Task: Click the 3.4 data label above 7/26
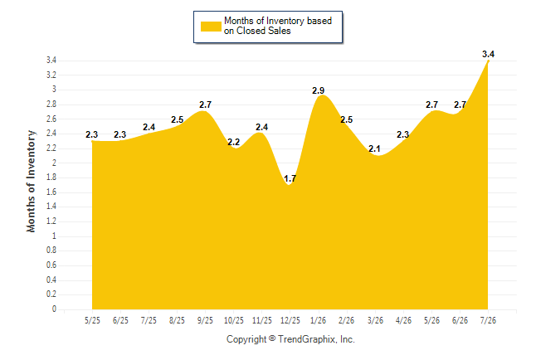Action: click(488, 54)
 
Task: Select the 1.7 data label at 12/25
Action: click(290, 178)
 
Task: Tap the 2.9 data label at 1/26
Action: click(319, 90)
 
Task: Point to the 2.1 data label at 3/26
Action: click(375, 148)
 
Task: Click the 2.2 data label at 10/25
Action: click(233, 142)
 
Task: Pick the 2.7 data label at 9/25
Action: click(206, 105)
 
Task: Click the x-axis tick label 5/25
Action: click(92, 320)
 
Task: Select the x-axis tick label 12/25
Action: click(290, 320)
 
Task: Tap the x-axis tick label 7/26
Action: click(488, 320)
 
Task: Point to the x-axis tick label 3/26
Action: click(375, 320)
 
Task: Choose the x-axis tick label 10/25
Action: click(234, 320)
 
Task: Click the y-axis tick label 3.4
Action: click(51, 61)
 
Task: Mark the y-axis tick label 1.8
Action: click(51, 178)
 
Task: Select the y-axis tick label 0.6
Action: click(51, 265)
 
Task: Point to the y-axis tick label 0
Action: click(54, 309)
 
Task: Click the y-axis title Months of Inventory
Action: click(31, 181)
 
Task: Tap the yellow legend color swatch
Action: click(211, 27)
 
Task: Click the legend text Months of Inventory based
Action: click(278, 21)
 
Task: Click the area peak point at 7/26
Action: click(488, 61)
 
